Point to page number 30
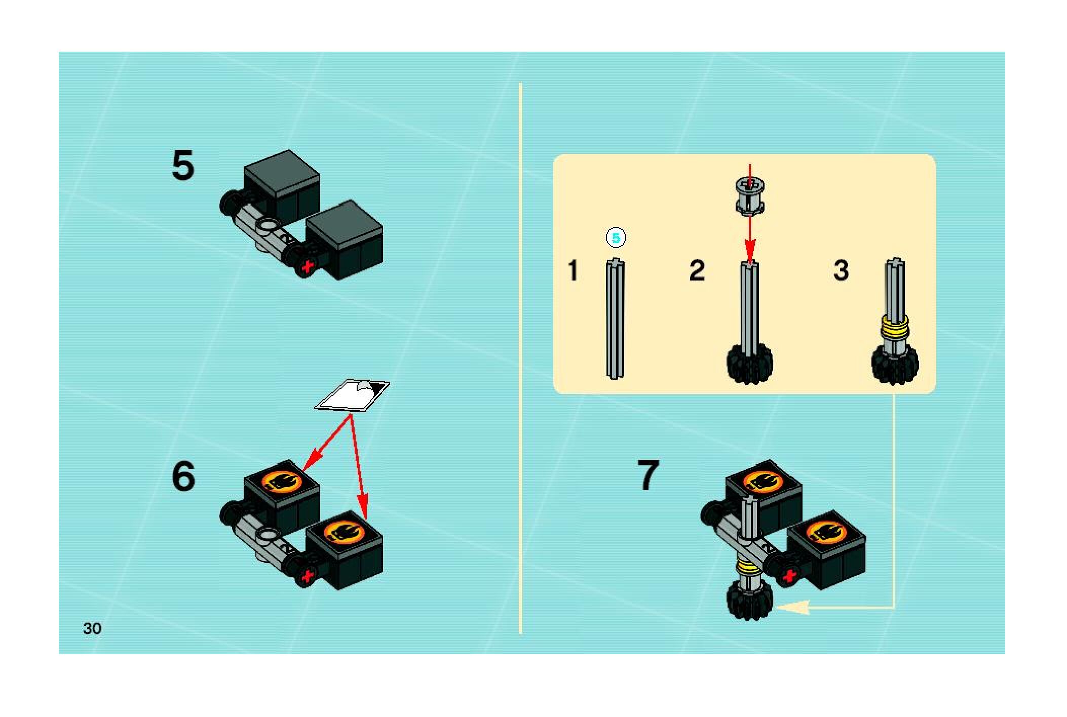(92, 628)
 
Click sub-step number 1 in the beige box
(573, 270)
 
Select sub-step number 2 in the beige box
(697, 270)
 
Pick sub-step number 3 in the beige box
(841, 270)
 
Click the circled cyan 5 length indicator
(616, 238)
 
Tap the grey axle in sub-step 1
(615, 319)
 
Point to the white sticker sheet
(352, 395)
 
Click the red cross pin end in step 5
(306, 267)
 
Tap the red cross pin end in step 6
(306, 577)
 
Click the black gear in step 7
(749, 600)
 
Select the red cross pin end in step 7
(788, 576)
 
